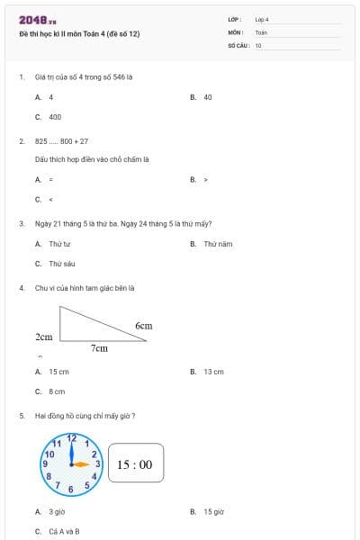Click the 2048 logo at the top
pos(37,19)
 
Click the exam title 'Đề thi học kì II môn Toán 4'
pos(79,34)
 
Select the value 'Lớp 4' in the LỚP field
pos(262,19)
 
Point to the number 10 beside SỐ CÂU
pos(258,44)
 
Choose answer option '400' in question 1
pos(55,117)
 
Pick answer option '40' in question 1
pos(207,96)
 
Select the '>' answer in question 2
pos(206,179)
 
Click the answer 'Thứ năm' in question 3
pos(217,244)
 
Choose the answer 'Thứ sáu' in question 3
pos(62,264)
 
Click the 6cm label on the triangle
pos(144,325)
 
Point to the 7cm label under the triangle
pos(99,347)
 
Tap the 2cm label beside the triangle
pos(43,337)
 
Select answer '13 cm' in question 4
pos(213,371)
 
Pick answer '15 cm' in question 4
pos(58,371)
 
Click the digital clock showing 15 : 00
pos(135,464)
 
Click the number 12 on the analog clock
pos(72,438)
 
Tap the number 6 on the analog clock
pos(71,489)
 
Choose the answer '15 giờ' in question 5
pos(213,511)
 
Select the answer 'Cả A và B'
pos(64,531)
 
